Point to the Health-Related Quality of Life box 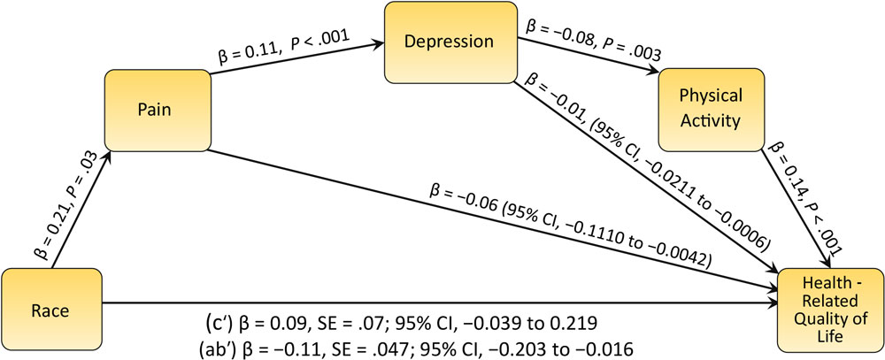[828, 311]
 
